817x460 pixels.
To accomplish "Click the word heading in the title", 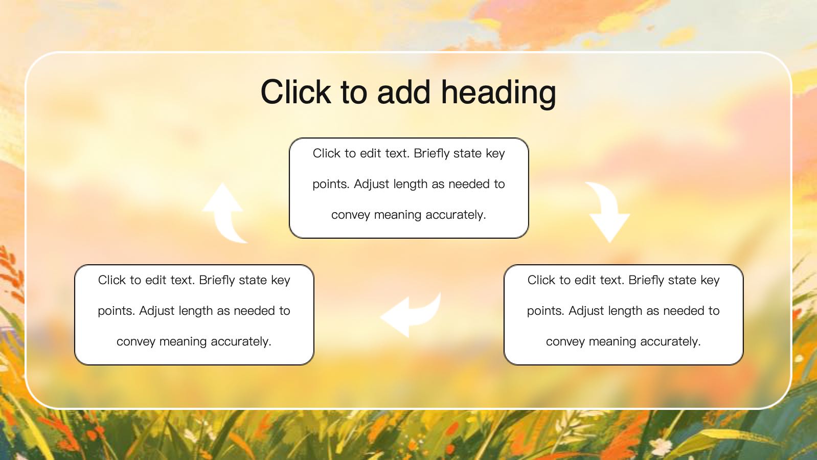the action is [498, 93].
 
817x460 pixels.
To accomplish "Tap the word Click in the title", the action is [296, 91].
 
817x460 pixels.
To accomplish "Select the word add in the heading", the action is [404, 91].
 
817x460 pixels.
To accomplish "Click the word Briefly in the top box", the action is [432, 153].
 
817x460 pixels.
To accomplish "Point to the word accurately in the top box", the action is [456, 215].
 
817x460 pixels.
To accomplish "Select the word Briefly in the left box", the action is [217, 280].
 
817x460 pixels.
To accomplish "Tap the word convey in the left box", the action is [136, 341].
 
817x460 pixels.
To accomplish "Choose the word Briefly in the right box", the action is [647, 280].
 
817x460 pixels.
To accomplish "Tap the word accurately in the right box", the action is [670, 341].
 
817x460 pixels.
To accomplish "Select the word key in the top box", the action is [495, 153].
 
